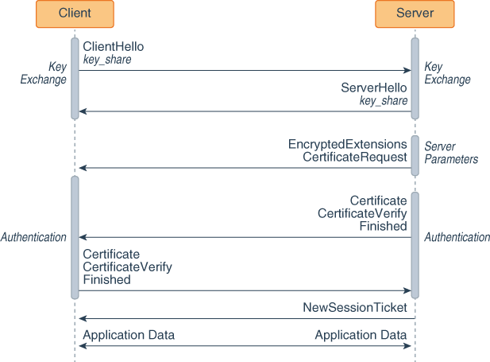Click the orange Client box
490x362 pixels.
[75, 14]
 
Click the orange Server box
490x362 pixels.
[415, 14]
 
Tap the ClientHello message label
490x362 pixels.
[114, 48]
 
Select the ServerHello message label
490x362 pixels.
[374, 88]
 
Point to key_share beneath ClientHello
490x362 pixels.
[107, 60]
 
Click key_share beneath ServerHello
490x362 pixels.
[384, 101]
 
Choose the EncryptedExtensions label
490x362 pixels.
[348, 145]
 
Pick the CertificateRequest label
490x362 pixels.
[355, 158]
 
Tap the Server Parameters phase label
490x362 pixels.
[451, 153]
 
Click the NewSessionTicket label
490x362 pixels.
[355, 307]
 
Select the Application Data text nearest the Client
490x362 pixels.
[129, 335]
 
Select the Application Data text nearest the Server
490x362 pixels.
[361, 335]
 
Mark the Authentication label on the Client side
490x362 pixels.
[33, 237]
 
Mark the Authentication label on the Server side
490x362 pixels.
[457, 237]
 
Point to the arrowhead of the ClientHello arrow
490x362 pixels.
[406, 71]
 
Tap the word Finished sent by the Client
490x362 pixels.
[106, 279]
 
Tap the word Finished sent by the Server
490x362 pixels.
[384, 226]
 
